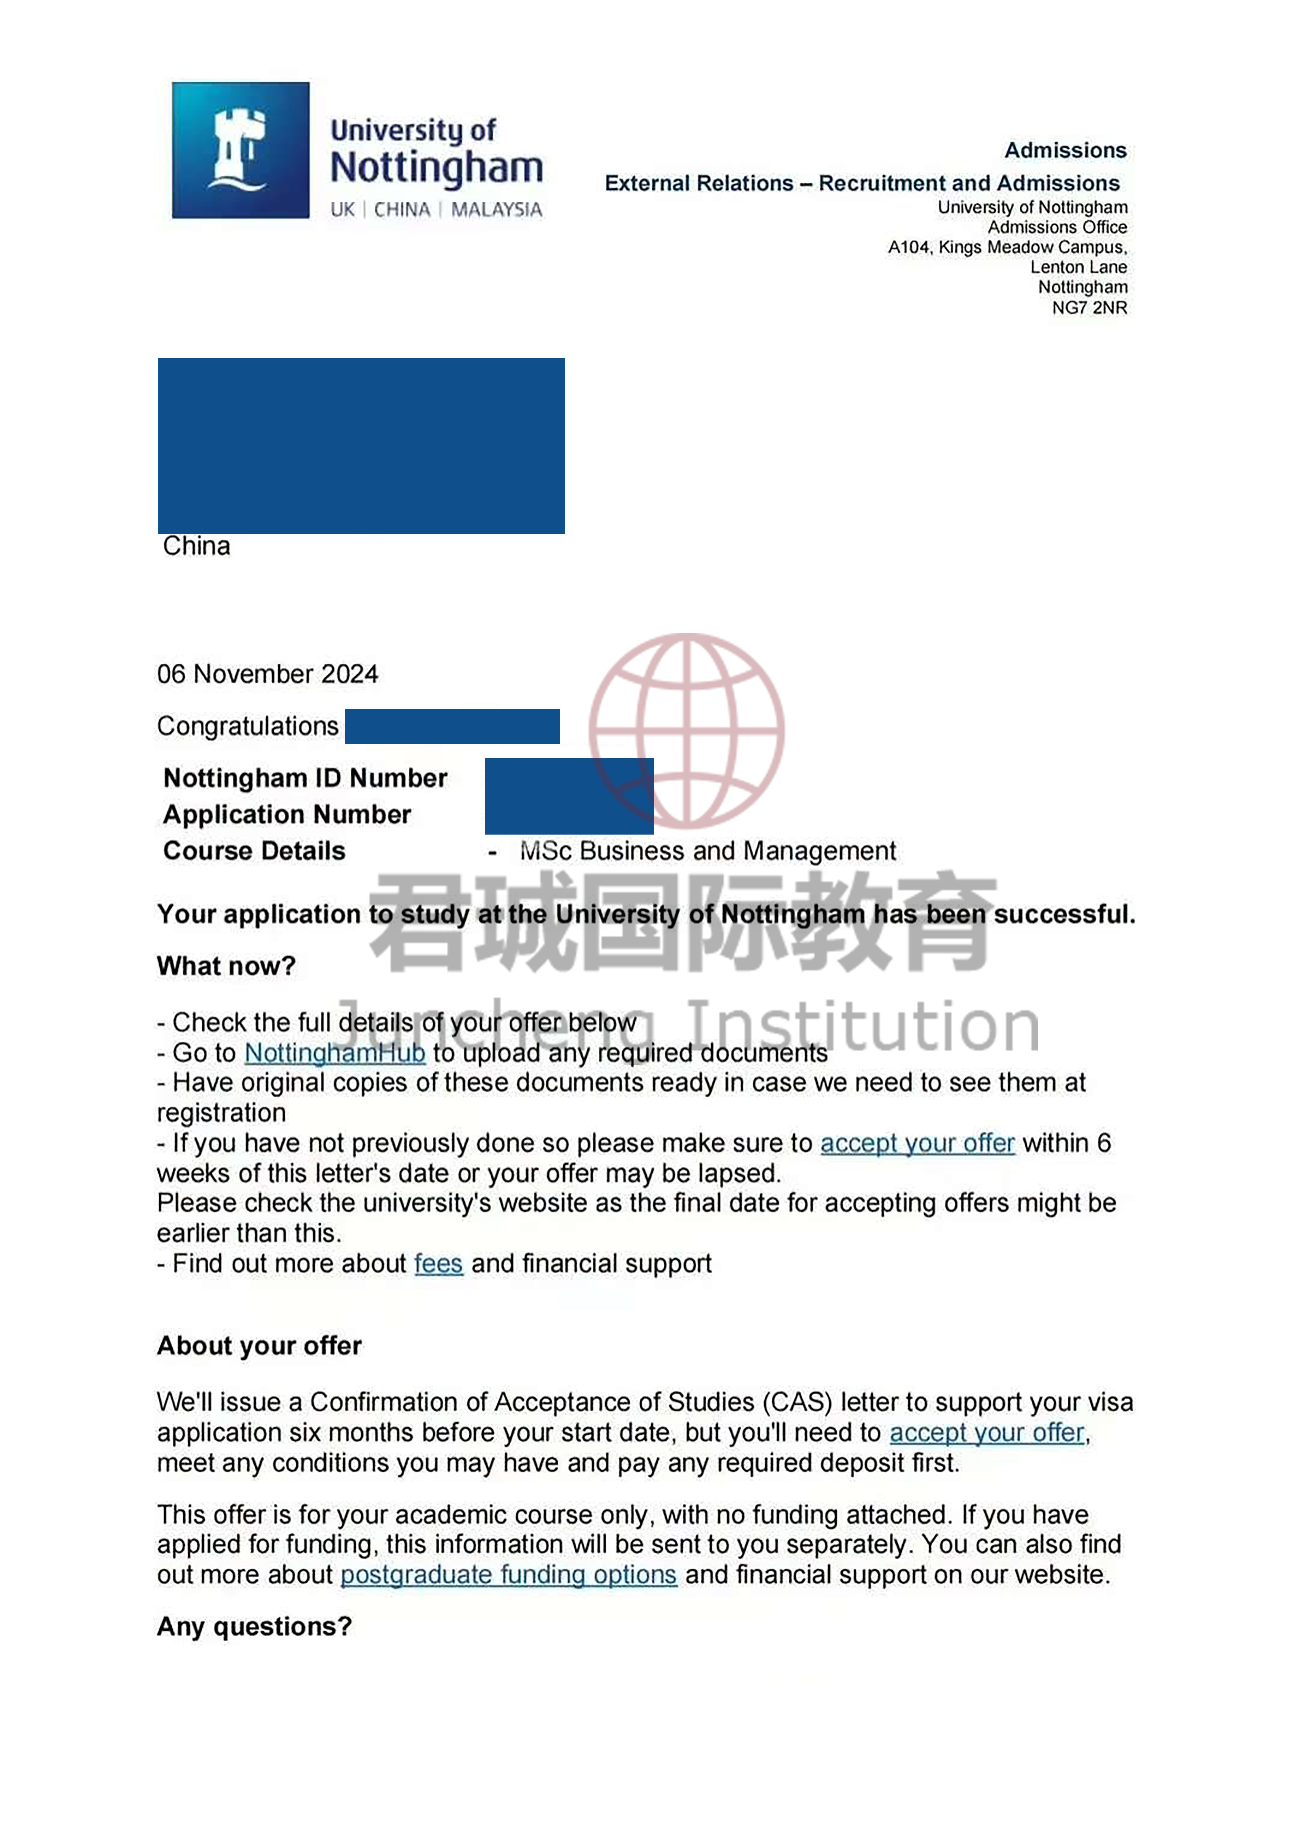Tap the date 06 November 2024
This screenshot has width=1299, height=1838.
267,674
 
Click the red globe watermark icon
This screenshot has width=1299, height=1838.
687,730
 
